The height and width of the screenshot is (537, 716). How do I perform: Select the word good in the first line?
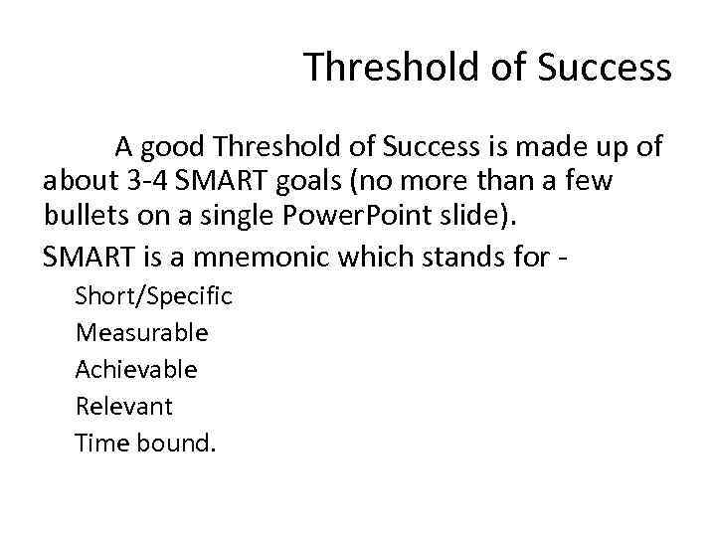[175, 148]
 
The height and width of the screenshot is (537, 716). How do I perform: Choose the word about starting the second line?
[76, 183]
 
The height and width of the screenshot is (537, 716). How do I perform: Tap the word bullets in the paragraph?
[81, 217]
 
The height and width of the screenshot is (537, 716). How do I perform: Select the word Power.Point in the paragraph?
[335, 217]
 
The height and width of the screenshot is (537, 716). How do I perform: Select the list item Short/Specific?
[153, 296]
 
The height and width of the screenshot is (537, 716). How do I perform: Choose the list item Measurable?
[141, 333]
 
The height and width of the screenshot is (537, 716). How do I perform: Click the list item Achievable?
[136, 370]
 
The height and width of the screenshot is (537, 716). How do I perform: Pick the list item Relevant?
[123, 407]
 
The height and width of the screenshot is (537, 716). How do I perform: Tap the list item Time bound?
[144, 443]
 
